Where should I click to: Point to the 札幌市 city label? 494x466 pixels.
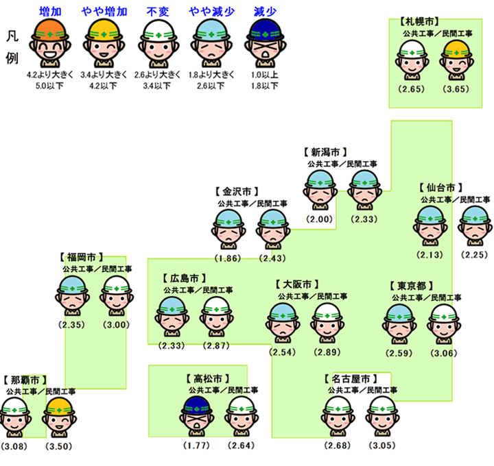point(419,22)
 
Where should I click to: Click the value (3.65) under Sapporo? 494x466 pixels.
point(456,89)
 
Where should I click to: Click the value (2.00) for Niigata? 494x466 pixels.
point(320,219)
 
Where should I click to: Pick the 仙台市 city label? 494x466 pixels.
point(440,186)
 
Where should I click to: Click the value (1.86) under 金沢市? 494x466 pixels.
point(228,258)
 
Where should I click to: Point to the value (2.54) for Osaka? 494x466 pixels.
point(282,352)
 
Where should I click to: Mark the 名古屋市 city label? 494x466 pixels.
point(350,378)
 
